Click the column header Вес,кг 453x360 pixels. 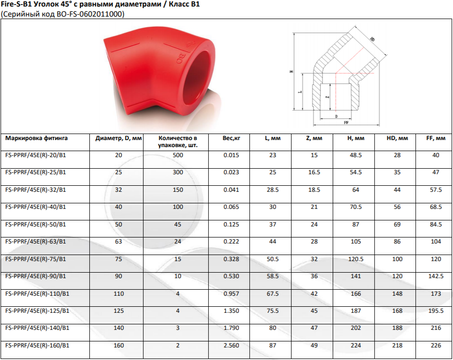(x=231, y=139)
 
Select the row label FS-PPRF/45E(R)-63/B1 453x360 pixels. (x=36, y=242)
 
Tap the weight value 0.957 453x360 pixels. (x=231, y=294)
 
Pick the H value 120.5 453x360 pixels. (x=356, y=259)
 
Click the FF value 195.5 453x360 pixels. (x=435, y=311)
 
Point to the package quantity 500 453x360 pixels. (x=178, y=155)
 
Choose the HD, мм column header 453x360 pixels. (x=397, y=139)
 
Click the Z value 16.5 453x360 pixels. (x=314, y=172)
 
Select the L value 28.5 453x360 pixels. (x=272, y=190)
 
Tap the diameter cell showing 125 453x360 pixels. (x=118, y=311)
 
